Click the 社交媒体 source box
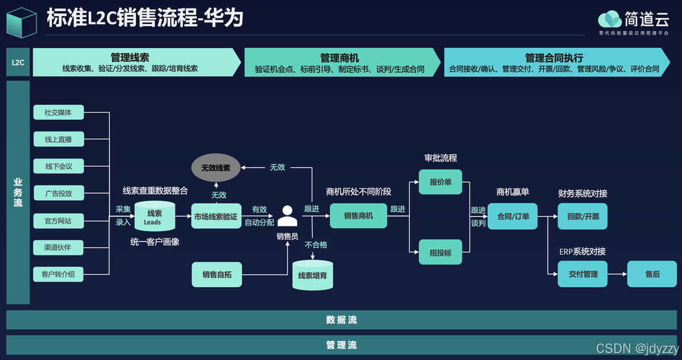click(x=59, y=113)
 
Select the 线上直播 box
click(x=59, y=139)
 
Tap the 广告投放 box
click(x=59, y=193)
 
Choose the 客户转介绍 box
click(x=59, y=275)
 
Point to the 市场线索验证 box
click(x=216, y=217)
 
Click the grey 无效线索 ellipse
click(x=216, y=168)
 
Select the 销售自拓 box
click(x=216, y=275)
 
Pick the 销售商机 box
click(x=359, y=216)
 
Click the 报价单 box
click(x=440, y=183)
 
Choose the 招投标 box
click(x=440, y=253)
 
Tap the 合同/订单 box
click(x=513, y=217)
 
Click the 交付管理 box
click(x=583, y=274)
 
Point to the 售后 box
click(x=652, y=274)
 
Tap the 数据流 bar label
click(x=342, y=320)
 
